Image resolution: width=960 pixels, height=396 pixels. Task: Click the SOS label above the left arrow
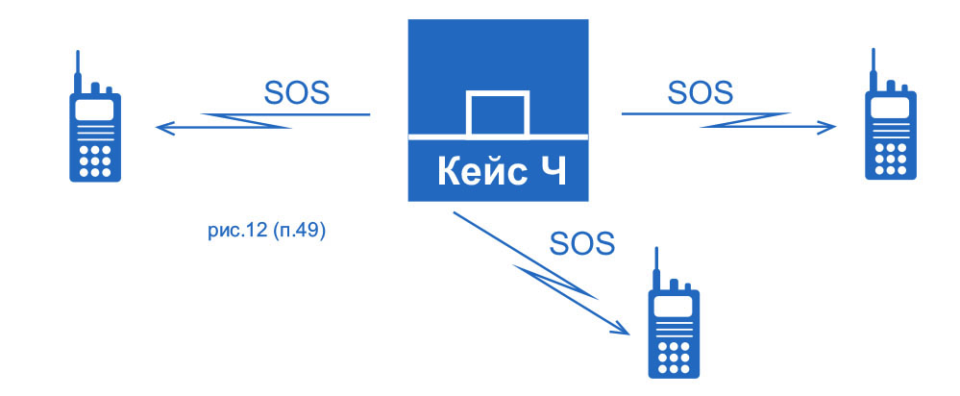296,93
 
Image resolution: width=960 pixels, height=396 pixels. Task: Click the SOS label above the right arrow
700,92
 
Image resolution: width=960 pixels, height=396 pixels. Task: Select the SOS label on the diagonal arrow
581,242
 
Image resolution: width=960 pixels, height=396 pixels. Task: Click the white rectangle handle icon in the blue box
497,115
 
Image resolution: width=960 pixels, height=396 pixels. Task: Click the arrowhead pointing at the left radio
165,126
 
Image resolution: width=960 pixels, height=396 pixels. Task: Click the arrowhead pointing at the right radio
828,125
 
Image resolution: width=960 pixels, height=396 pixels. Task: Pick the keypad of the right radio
890,158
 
